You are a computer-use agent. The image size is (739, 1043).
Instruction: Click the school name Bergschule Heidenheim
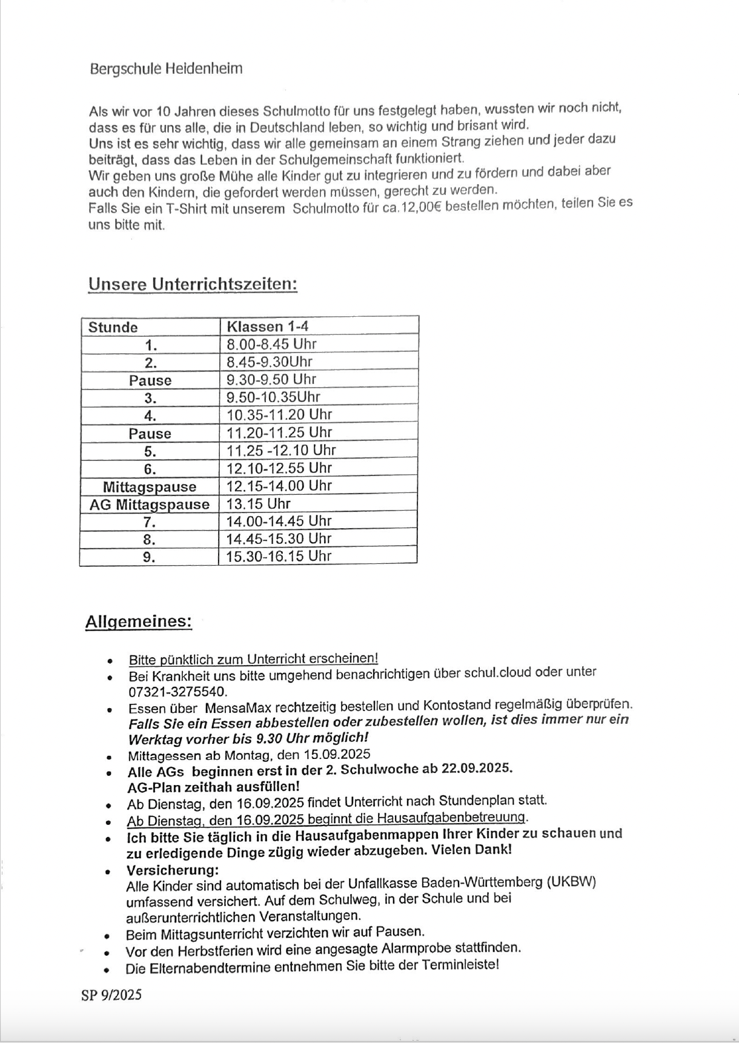pos(166,68)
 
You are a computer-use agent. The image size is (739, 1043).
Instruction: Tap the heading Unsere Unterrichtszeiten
pos(193,284)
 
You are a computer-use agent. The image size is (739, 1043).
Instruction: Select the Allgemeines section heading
pos(139,621)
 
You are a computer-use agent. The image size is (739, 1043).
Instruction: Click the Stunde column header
pos(113,327)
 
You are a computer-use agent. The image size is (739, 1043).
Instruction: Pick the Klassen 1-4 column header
pos(267,326)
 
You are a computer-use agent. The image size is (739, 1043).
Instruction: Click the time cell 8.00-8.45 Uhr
pos(271,344)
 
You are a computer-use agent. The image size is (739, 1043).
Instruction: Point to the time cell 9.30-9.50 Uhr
pos(271,379)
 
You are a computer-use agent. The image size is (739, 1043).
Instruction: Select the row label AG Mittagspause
pos(150,505)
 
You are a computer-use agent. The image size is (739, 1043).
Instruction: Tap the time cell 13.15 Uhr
pos(258,503)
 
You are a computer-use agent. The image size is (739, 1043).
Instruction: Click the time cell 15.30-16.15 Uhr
pos(279,556)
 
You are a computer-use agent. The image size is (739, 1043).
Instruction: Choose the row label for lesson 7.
pos(150,522)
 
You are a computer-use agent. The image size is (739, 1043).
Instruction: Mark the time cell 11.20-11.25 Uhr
pos(279,432)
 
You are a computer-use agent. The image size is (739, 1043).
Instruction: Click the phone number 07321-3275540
pos(177,692)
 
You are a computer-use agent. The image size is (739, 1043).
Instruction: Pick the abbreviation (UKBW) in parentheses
pos(571,882)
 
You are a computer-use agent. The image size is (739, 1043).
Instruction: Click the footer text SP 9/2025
pos(111,995)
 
